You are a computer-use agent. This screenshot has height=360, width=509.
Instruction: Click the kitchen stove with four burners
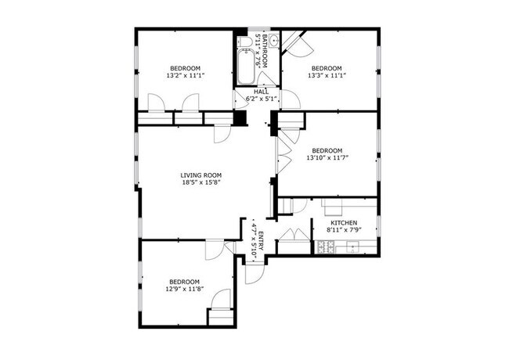click(325, 248)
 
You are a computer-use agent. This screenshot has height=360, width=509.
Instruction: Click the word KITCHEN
click(343, 223)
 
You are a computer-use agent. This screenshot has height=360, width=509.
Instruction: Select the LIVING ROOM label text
click(201, 175)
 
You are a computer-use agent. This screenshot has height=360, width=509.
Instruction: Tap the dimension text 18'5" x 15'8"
click(201, 184)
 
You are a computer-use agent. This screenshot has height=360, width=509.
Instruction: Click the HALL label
click(260, 92)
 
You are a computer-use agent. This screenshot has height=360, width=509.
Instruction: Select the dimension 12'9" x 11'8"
click(183, 289)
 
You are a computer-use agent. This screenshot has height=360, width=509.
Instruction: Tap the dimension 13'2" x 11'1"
click(186, 76)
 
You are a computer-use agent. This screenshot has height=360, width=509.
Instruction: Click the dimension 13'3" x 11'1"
click(327, 76)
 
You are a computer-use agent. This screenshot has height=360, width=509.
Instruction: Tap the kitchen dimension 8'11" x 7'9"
click(343, 231)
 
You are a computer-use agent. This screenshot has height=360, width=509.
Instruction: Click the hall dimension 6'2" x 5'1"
click(261, 99)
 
